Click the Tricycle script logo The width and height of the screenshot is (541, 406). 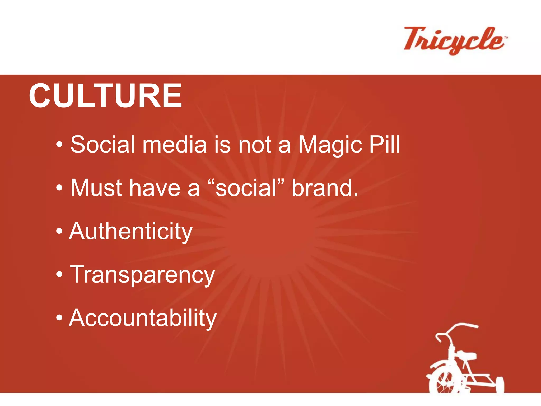pos(453,40)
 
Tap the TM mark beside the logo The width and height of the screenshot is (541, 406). pos(506,38)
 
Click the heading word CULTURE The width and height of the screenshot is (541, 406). pos(105,96)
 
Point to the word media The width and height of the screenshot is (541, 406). pos(174,145)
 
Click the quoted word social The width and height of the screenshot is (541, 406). pos(246,188)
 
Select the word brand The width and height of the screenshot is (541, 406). pos(325,188)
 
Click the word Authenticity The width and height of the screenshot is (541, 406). pos(131,232)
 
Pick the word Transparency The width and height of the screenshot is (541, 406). pos(142,275)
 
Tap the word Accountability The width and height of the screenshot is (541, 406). pos(143,318)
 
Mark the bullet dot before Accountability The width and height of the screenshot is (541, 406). pos(59,318)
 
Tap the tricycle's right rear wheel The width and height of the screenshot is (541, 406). pos(499,385)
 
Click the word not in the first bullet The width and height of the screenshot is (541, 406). pos(255,145)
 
